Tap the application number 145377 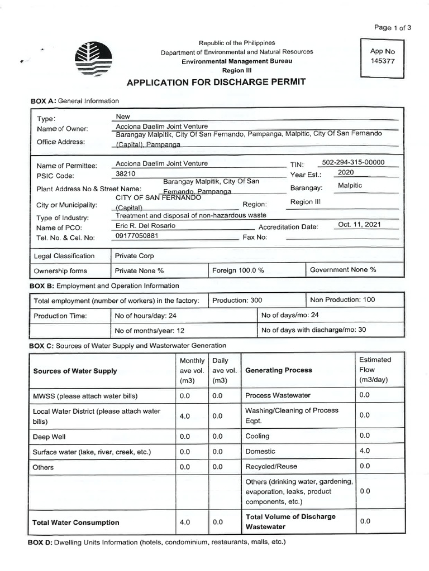382,61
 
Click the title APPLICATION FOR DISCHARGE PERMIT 216,83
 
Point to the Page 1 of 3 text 393,27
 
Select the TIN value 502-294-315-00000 354,163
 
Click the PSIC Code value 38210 126,173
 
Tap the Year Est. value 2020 354,173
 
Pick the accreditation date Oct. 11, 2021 360,225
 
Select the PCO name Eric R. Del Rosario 145,226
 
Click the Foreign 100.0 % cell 238,270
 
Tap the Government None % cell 343,270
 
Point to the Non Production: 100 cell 342,300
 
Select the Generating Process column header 279,370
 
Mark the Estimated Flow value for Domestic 365,451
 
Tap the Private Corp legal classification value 134,256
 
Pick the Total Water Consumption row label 76,522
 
